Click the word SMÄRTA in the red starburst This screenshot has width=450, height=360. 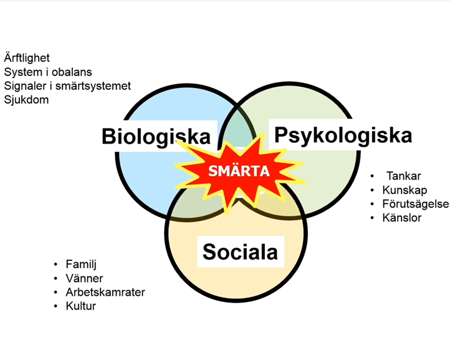coord(239,171)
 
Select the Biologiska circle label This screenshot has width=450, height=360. coord(156,137)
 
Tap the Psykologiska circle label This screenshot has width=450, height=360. coord(343,135)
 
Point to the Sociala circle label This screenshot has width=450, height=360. coord(240,251)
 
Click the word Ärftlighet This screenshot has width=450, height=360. coord(27,58)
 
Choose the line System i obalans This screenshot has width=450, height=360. coord(48,72)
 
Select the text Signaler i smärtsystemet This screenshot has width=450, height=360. coord(67,86)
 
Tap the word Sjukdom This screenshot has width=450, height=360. coord(26,100)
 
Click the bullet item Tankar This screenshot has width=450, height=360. coord(403,176)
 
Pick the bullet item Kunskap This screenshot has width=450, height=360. coord(405,190)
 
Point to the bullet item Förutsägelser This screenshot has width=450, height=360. coord(416,204)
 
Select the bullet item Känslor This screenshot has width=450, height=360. coord(402,218)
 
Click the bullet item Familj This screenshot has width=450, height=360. coord(81,265)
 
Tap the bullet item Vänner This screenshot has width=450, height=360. coord(84,278)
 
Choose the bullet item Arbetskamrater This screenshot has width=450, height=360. coord(105,292)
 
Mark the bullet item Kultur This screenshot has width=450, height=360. coord(80,306)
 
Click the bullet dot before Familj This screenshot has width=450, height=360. coord(55,265)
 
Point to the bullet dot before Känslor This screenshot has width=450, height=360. coord(372,218)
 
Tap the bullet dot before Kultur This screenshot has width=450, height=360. coord(55,306)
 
